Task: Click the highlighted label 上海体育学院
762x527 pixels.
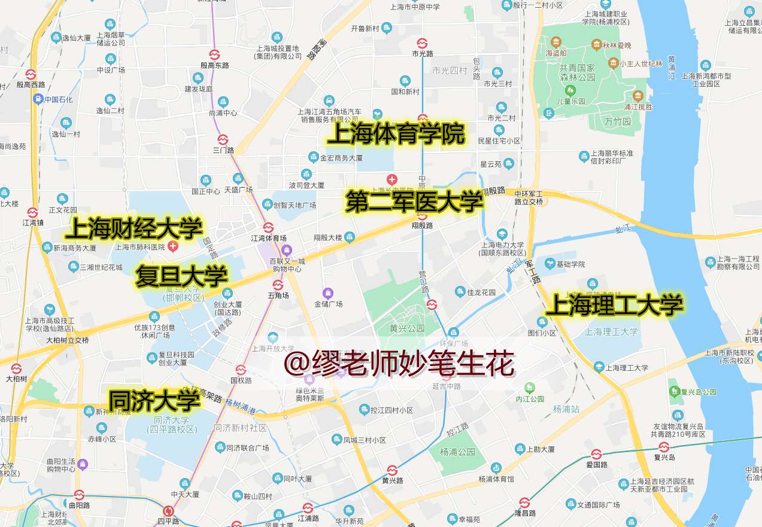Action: (x=396, y=135)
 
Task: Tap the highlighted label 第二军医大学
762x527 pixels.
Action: (x=414, y=202)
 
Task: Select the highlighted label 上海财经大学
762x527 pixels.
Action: (x=134, y=228)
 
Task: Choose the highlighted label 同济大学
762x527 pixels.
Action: (x=154, y=399)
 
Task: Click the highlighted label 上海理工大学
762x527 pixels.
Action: (x=614, y=305)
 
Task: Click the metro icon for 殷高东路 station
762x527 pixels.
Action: (x=214, y=54)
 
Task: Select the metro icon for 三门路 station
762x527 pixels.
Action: (x=223, y=139)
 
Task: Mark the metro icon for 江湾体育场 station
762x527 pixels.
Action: (x=268, y=227)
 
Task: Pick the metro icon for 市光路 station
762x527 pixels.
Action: (x=422, y=42)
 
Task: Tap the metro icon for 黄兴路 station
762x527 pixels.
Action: (x=392, y=470)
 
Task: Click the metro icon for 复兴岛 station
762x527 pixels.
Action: (x=664, y=447)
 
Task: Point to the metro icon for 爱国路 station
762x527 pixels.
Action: (x=596, y=454)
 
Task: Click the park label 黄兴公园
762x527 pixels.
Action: (x=406, y=328)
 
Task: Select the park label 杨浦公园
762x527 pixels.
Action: (x=457, y=452)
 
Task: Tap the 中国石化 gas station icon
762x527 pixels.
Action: (x=38, y=99)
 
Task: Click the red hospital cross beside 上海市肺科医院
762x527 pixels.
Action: (x=174, y=246)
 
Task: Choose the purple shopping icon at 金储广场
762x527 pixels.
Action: (x=327, y=293)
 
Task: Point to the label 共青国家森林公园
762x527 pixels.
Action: (x=570, y=73)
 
